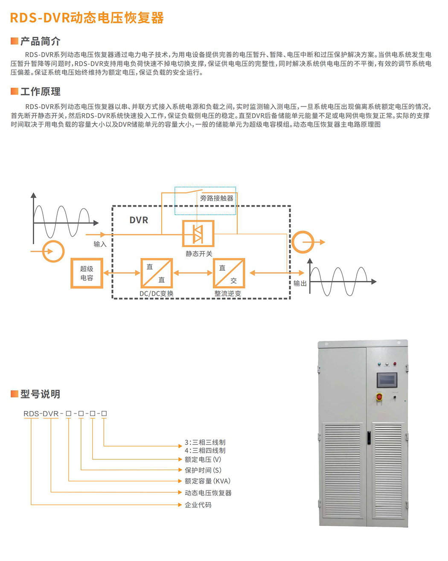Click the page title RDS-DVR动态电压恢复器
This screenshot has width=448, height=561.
(87, 18)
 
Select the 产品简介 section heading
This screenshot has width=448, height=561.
(41, 41)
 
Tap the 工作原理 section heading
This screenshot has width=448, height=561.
(41, 91)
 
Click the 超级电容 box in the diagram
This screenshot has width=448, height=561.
(87, 273)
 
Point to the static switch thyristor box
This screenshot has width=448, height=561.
(198, 233)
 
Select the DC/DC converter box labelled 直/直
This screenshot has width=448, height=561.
(156, 273)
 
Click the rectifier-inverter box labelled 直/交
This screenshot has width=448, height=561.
(229, 273)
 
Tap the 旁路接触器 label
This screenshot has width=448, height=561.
(217, 198)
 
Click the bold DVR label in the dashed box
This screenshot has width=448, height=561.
(139, 220)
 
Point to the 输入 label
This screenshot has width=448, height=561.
(100, 244)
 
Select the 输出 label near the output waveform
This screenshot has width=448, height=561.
(300, 283)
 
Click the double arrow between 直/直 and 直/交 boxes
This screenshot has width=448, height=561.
(193, 273)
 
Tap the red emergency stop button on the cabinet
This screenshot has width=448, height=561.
(379, 397)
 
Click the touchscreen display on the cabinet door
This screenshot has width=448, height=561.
(387, 380)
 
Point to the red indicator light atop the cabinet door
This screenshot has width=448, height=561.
(395, 364)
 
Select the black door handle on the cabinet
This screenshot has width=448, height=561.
(369, 438)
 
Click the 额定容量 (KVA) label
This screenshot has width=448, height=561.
(207, 481)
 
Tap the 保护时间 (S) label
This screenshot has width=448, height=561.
(203, 470)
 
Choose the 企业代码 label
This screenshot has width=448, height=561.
(198, 505)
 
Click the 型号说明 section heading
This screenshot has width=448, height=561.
(41, 394)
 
